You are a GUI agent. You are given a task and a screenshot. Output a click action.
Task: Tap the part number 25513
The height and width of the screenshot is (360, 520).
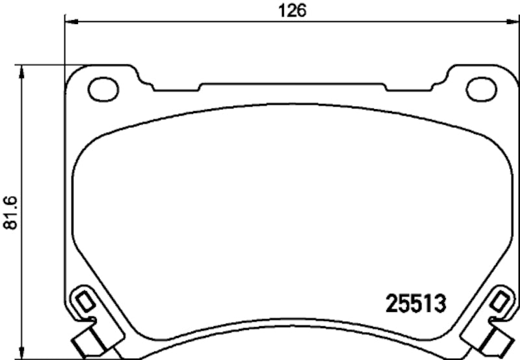(x=415, y=303)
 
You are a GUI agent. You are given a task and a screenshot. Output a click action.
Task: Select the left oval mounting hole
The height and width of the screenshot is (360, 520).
(x=103, y=89)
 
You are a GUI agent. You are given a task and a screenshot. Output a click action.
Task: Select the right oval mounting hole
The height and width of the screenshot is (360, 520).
(x=482, y=89)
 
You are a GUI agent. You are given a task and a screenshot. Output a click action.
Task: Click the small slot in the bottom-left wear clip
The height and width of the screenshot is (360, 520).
(x=84, y=302)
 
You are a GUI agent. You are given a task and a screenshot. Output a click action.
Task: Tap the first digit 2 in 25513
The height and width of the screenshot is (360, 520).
(x=393, y=303)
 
